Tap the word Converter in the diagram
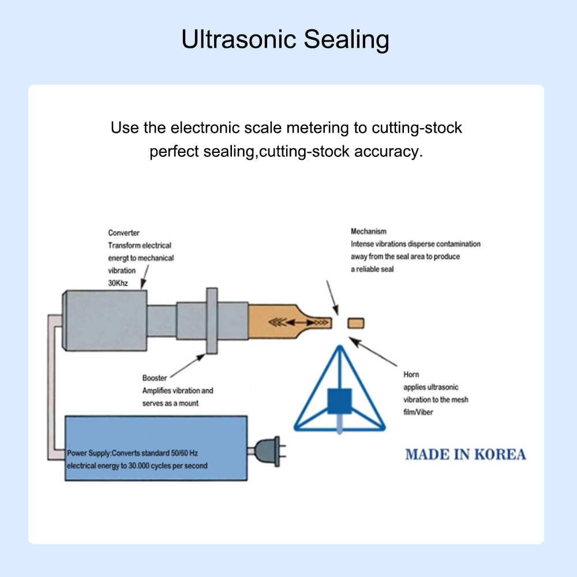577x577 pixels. coord(123,233)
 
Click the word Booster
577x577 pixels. coord(155,379)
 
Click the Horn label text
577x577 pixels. coord(411,375)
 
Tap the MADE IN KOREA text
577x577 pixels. coord(465,454)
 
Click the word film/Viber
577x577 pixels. coord(418,413)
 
